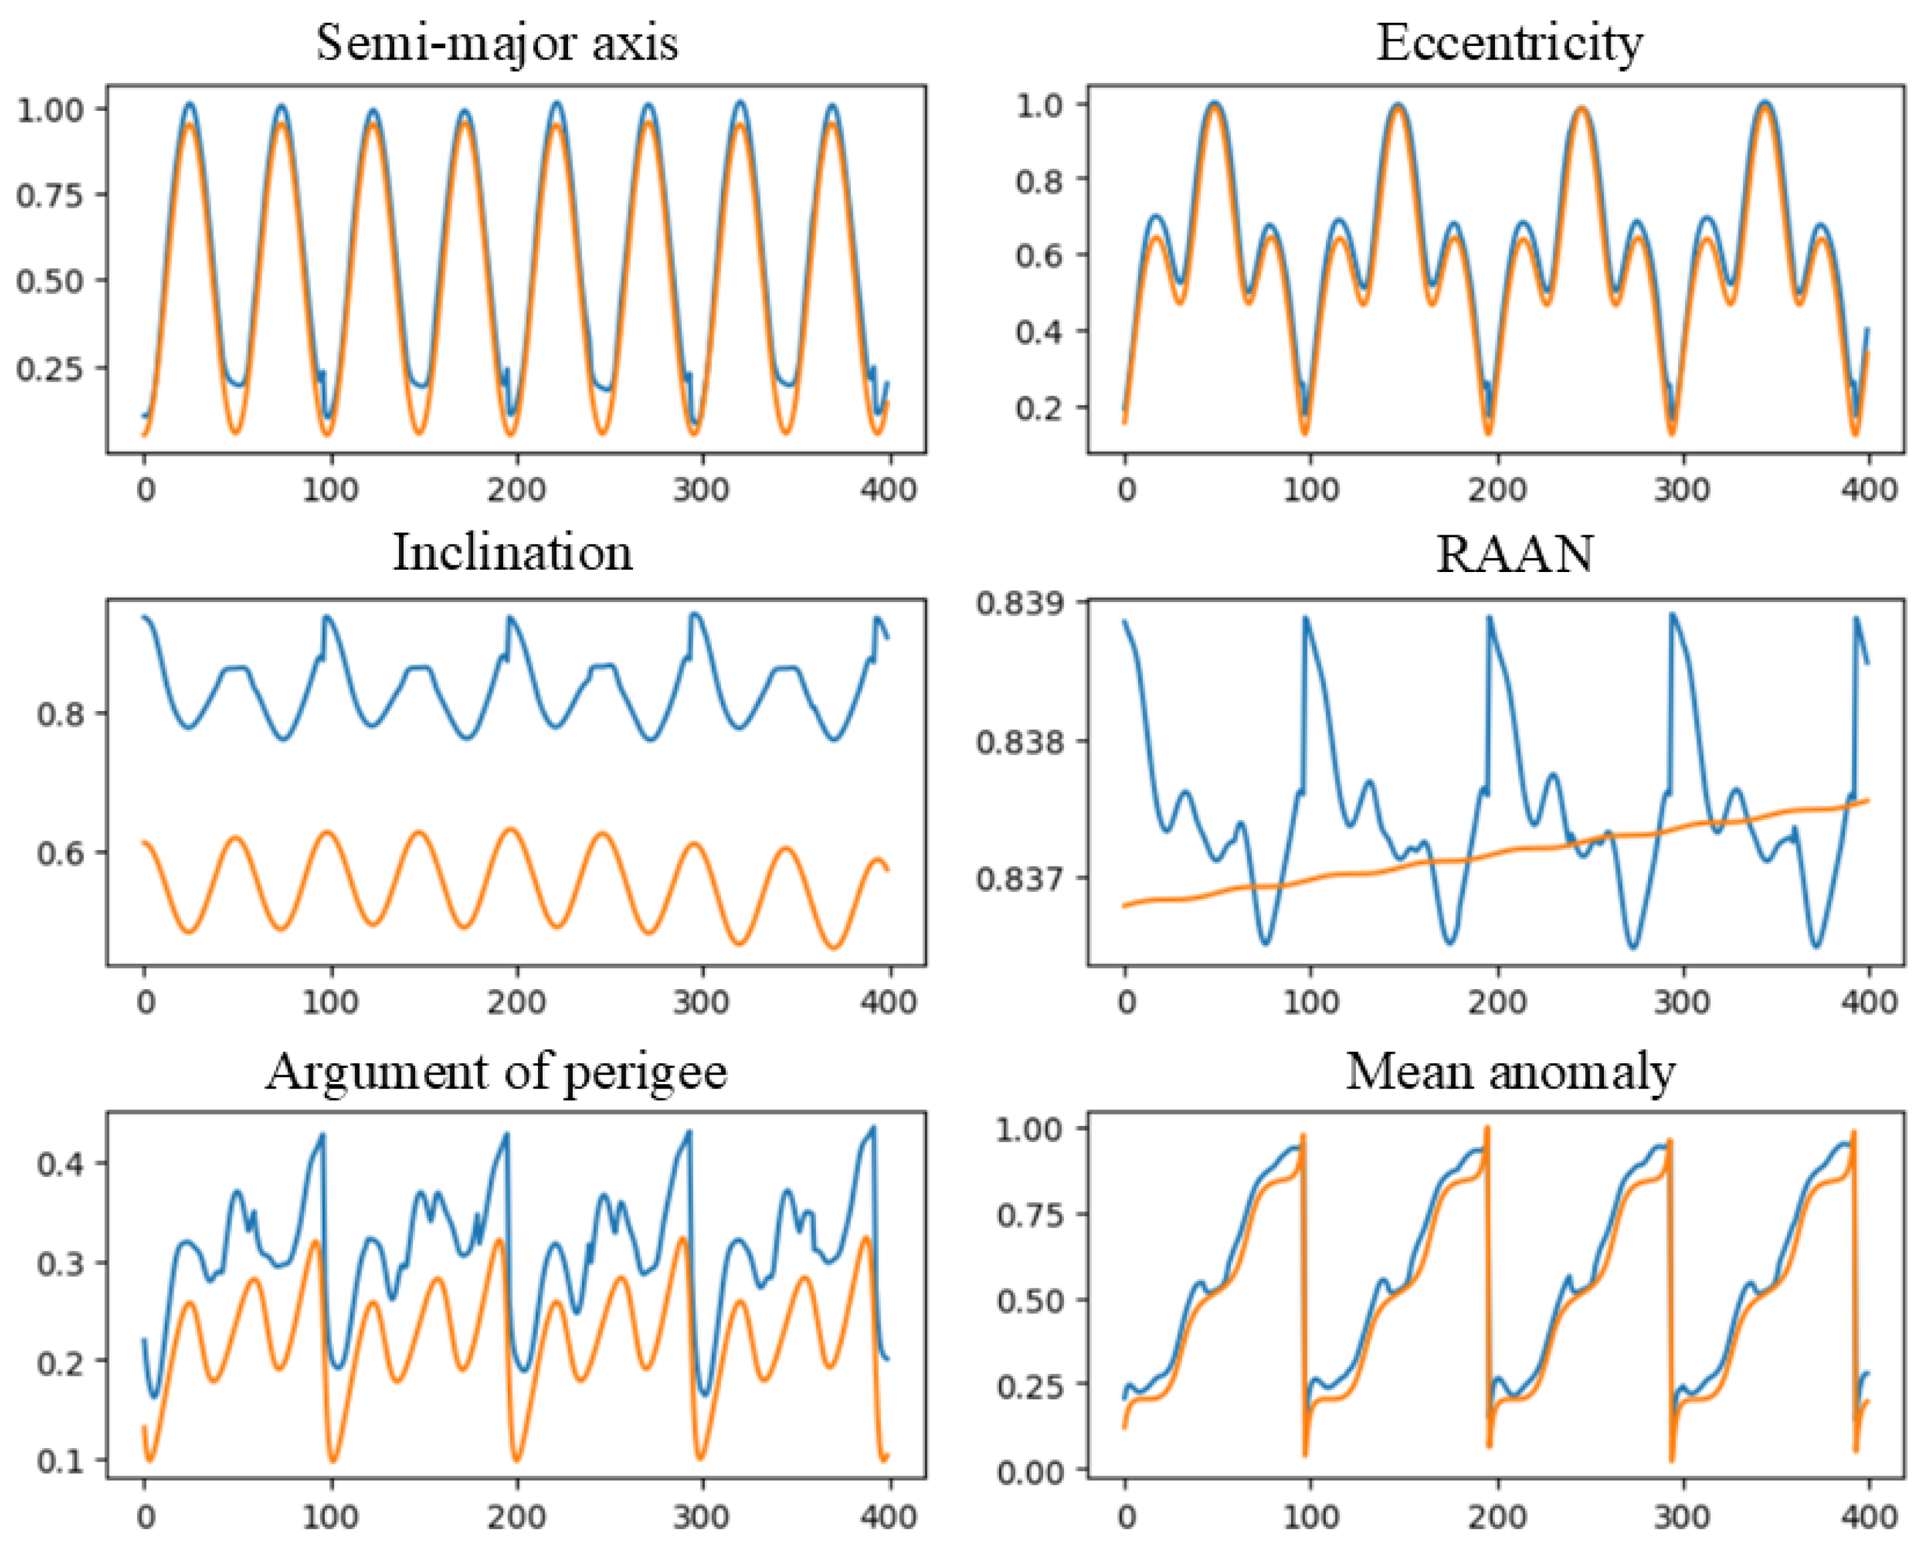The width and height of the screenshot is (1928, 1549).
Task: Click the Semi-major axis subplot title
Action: pos(497,42)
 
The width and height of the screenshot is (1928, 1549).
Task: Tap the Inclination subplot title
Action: pos(513,552)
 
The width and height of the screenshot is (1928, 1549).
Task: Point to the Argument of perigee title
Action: pos(497,1071)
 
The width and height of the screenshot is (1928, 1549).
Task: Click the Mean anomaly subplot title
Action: pos(1510,1071)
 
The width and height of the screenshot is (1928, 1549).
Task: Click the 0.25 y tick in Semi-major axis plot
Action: pos(61,368)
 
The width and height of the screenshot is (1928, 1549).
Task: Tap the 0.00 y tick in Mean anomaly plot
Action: pos(1031,1471)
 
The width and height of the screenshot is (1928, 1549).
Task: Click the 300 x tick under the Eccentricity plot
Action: pos(1682,489)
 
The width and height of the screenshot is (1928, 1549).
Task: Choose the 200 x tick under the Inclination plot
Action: pos(516,1001)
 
